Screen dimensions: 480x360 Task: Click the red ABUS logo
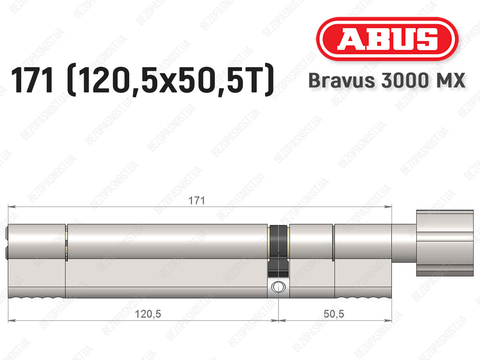[x=387, y=39]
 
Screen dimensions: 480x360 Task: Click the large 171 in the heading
[x=32, y=80]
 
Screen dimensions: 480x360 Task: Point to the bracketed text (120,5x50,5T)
[x=170, y=80]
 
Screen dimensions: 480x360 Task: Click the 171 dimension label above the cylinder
[x=196, y=201]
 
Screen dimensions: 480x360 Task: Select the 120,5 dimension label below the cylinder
[x=148, y=314]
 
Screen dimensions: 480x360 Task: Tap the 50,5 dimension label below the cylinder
[x=334, y=314]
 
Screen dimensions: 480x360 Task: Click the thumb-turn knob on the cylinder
[x=445, y=243]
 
